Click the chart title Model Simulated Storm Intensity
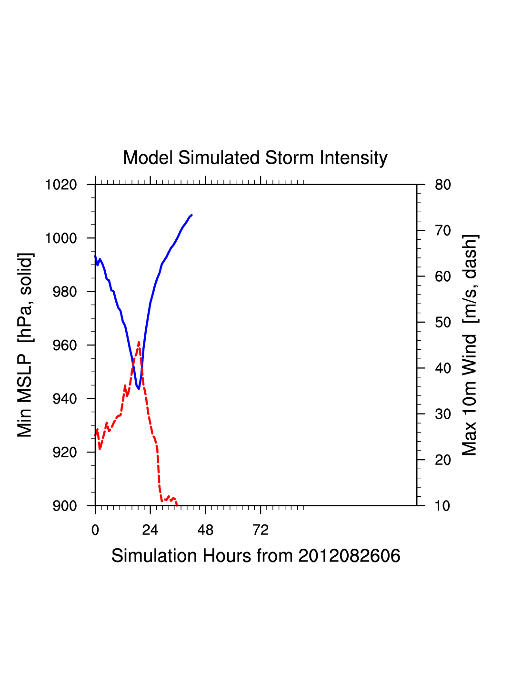[255, 158]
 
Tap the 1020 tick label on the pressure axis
[61, 185]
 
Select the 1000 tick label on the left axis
[61, 238]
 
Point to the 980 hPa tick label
[65, 292]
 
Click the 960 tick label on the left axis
[65, 345]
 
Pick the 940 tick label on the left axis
[65, 399]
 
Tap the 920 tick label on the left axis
[65, 453]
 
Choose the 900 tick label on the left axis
[65, 506]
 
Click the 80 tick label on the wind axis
[443, 185]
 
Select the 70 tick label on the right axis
[443, 231]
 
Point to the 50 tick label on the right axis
[443, 323]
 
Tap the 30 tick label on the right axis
[443, 414]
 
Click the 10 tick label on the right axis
[443, 506]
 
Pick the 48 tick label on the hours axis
[205, 530]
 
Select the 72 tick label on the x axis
[261, 530]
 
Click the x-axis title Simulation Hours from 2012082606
[256, 556]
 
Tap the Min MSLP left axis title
[25, 345]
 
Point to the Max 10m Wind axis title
[470, 345]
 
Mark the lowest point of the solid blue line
[139, 389]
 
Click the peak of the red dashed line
[139, 343]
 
